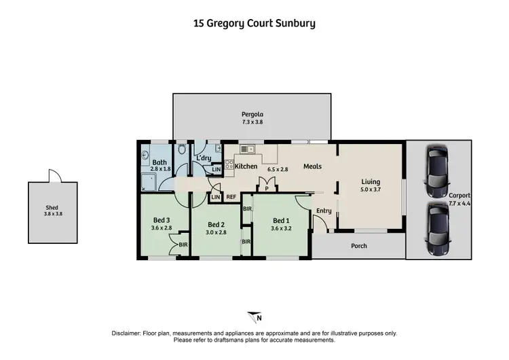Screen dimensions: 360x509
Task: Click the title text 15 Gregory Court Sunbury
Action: tap(254, 23)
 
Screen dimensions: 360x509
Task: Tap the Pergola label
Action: tap(252, 114)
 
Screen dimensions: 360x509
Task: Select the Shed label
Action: tap(52, 209)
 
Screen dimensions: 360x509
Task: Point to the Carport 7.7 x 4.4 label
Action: tap(459, 199)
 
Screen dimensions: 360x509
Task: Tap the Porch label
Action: tap(358, 246)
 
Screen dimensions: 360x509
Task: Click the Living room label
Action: tap(371, 182)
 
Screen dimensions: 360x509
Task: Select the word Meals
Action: tap(312, 166)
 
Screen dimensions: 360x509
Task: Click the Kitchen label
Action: tap(246, 166)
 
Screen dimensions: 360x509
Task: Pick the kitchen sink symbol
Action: tap(246, 149)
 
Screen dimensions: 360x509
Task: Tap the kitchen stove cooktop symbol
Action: tap(229, 164)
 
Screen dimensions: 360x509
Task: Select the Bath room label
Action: tap(159, 163)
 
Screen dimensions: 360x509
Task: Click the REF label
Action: tap(231, 197)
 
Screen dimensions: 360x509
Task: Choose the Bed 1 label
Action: tap(281, 220)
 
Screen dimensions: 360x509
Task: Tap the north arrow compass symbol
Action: tap(254, 317)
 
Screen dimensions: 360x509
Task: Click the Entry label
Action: tap(324, 211)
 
